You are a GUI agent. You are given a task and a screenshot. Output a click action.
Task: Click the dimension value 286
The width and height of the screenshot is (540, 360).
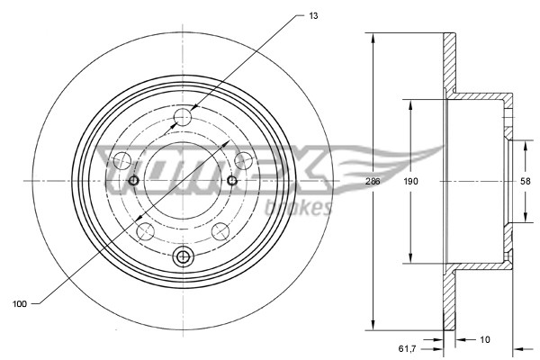373,181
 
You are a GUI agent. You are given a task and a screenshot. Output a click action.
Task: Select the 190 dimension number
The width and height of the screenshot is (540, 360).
411,181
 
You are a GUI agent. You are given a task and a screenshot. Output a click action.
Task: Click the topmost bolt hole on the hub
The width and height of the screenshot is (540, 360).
184,115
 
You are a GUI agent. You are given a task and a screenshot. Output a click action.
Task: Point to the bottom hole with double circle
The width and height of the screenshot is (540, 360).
184,257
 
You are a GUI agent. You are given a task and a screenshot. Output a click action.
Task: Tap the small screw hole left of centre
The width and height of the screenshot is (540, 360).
133,182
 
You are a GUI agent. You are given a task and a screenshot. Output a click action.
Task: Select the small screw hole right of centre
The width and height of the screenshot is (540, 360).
232,182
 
